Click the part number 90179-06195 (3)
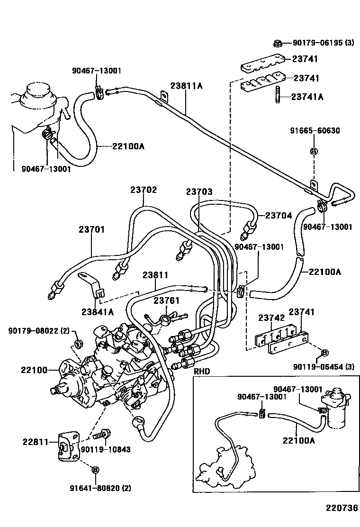[323, 43]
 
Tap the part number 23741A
[307, 97]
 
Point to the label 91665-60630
[315, 130]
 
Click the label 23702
[144, 190]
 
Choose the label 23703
[199, 192]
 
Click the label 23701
[91, 229]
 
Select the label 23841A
[98, 311]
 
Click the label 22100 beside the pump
[34, 370]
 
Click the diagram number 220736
[341, 508]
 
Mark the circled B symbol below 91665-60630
[313, 151]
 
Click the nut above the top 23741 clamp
[278, 44]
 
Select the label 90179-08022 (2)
[39, 330]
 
